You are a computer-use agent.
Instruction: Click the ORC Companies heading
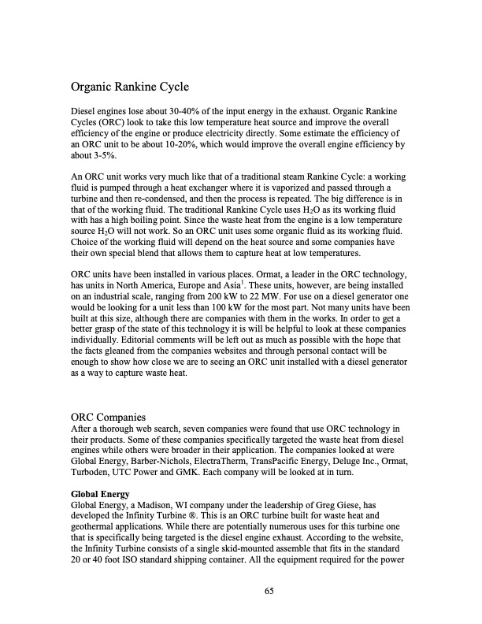point(109,416)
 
